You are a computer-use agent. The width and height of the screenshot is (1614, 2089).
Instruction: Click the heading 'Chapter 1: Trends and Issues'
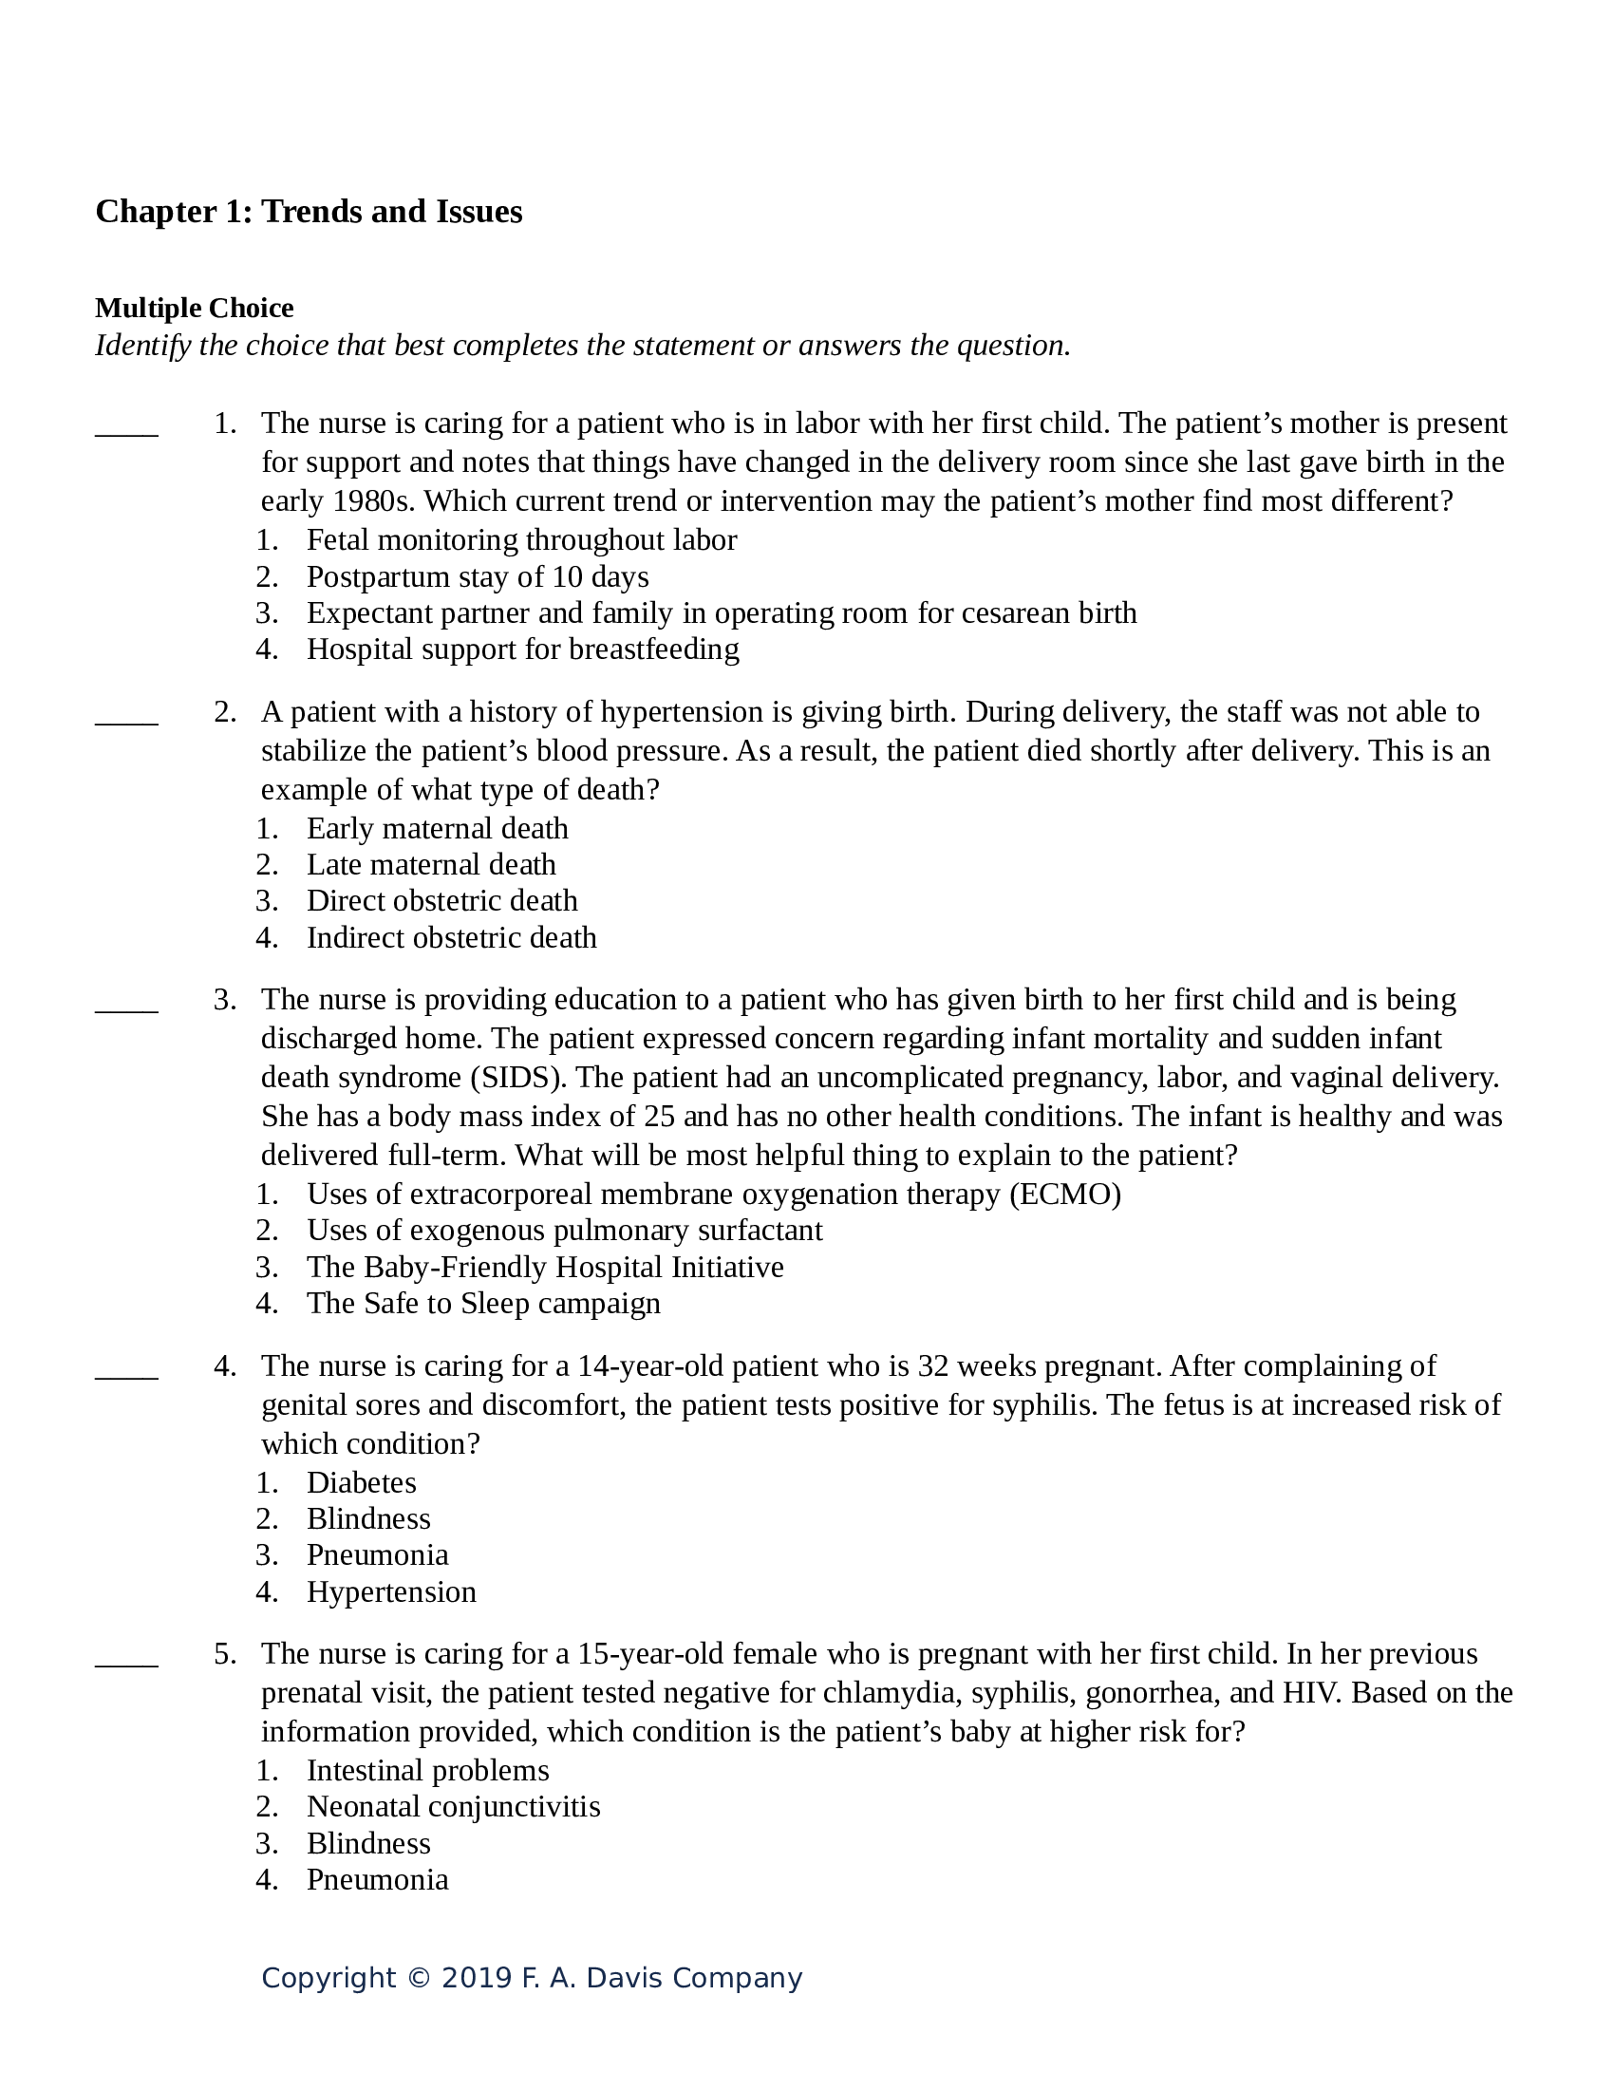[308, 212]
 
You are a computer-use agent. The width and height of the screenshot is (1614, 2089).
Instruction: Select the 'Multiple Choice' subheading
[194, 308]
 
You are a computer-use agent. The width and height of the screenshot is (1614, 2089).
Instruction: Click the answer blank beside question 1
[126, 433]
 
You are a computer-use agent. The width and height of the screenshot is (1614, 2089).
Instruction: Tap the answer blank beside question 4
[126, 1377]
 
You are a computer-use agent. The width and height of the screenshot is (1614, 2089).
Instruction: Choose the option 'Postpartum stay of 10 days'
[478, 576]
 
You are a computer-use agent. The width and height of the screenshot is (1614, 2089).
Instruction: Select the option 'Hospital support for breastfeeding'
[522, 649]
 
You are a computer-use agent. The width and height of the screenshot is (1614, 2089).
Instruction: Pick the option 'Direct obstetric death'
[441, 901]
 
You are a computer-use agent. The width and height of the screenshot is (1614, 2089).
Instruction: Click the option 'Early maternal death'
[437, 828]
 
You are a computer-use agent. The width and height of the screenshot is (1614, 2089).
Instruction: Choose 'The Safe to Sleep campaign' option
[483, 1304]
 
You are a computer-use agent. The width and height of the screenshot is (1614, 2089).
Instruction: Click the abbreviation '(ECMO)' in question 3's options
[1065, 1195]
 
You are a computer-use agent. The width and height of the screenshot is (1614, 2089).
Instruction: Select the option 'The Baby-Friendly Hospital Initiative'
[545, 1268]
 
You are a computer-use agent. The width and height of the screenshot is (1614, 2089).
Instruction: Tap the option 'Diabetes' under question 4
[362, 1483]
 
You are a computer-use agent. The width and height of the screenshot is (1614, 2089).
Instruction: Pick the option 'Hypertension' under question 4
[391, 1592]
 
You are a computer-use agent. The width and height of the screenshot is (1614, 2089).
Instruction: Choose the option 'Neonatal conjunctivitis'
[453, 1807]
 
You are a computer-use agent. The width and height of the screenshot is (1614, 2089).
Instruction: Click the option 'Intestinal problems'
[427, 1771]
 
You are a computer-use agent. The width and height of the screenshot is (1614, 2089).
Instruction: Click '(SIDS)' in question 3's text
[518, 1078]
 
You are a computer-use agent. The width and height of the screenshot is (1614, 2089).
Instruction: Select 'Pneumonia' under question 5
[377, 1879]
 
